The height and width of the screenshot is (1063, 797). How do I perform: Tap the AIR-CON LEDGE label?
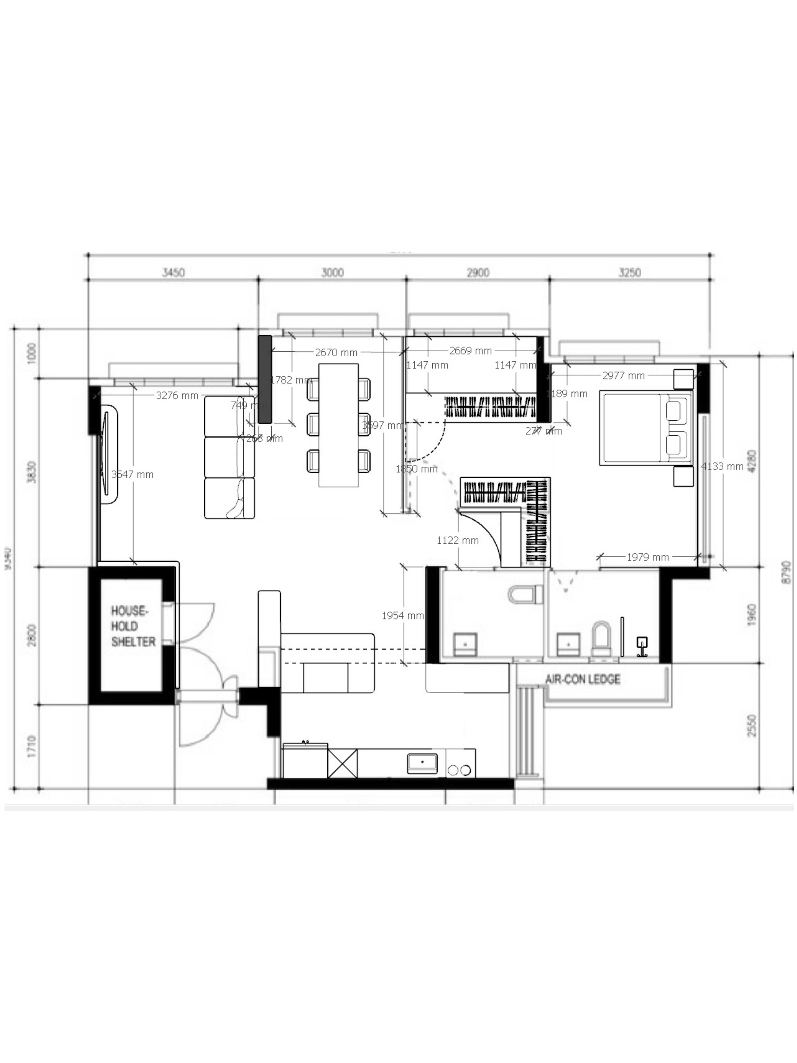583,679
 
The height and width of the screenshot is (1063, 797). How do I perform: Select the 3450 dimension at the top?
173,273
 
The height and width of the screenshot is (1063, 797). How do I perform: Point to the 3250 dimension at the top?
629,273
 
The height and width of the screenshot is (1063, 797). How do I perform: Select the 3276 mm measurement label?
177,395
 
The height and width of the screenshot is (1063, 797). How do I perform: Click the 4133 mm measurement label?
722,466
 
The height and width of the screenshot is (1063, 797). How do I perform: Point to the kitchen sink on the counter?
422,763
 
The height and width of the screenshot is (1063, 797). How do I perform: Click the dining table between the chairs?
338,425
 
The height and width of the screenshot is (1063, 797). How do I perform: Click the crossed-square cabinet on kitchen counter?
342,763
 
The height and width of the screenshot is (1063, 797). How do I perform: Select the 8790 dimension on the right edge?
786,572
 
